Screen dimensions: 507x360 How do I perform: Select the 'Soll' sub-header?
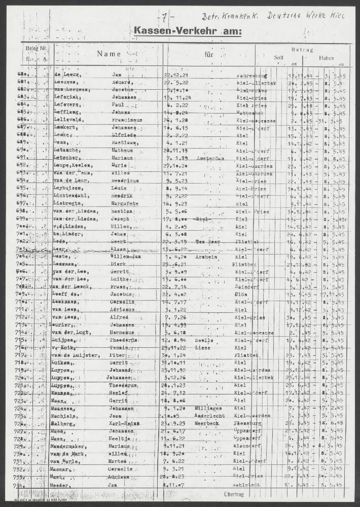tap(278, 58)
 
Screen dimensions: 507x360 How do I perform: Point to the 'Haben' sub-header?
tap(327, 58)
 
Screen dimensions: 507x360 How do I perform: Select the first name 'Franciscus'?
tap(127, 120)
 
